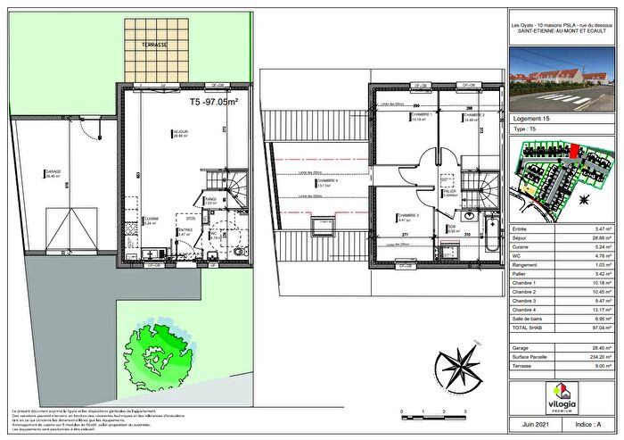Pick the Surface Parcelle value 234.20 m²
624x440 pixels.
point(601,355)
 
